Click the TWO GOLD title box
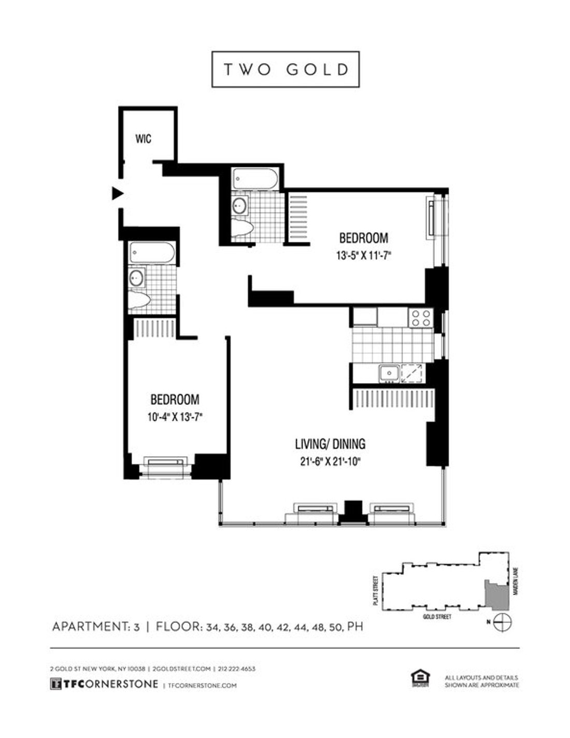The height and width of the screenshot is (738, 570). (286, 69)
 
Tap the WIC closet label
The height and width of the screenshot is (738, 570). (144, 139)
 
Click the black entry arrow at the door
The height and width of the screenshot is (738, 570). (118, 193)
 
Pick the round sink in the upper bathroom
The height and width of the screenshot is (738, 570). (239, 206)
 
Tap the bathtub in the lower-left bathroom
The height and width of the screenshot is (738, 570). (152, 253)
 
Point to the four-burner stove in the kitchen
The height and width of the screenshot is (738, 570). (420, 317)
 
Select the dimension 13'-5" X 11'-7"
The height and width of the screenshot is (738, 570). (363, 255)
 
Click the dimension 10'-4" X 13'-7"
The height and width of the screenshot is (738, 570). (175, 417)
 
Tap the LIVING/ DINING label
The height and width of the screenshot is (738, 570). (330, 444)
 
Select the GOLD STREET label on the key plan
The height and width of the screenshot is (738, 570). (437, 617)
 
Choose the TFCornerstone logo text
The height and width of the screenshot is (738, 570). (104, 684)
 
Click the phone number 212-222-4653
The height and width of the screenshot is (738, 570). (237, 669)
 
